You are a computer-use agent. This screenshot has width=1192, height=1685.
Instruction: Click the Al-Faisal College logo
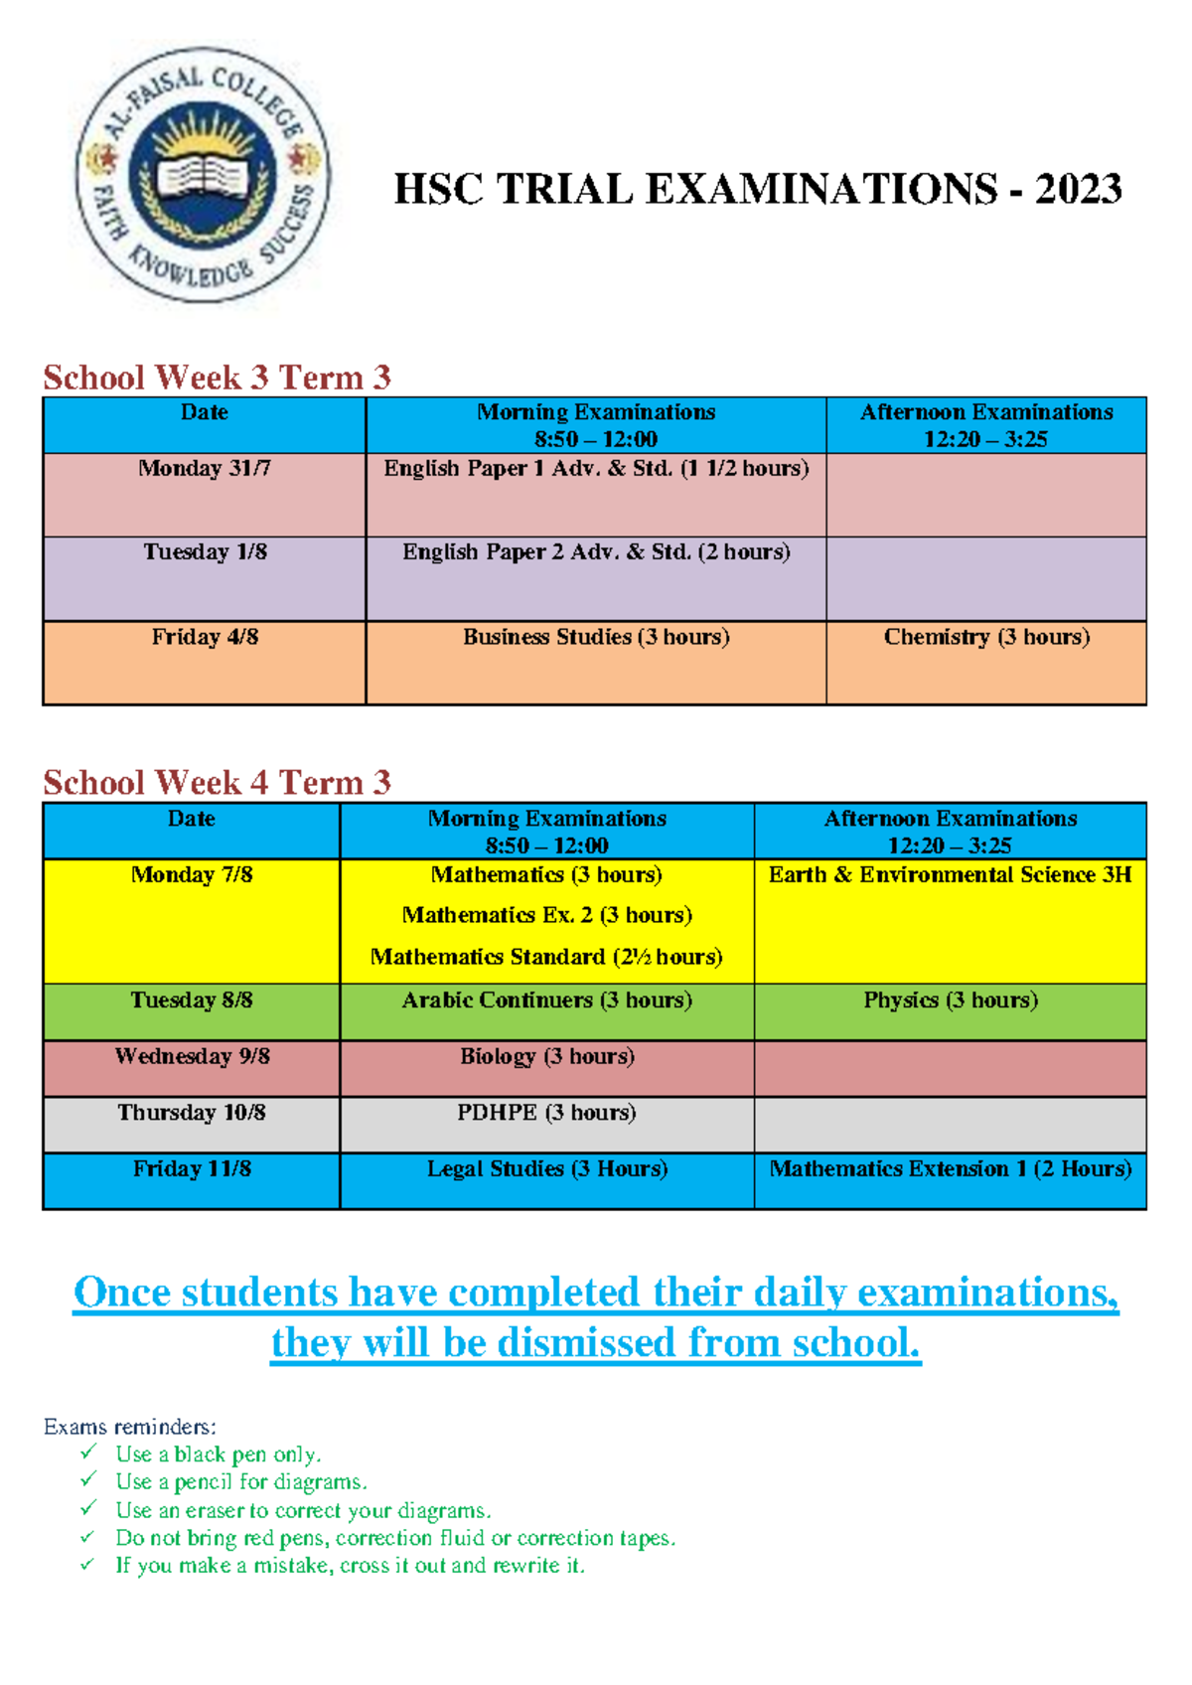(204, 175)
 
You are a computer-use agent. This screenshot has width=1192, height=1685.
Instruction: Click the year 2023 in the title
(1078, 190)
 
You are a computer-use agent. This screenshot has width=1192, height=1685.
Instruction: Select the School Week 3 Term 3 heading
(217, 378)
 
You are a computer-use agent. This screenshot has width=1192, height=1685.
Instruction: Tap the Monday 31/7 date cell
(205, 469)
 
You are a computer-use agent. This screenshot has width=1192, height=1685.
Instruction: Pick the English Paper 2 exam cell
(596, 552)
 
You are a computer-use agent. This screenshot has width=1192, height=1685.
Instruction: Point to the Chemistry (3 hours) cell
(986, 638)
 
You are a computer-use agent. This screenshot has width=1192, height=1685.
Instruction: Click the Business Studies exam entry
(596, 638)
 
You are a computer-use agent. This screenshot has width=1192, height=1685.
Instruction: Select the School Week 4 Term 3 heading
(217, 783)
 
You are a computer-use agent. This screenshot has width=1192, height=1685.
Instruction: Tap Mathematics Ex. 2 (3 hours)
(546, 915)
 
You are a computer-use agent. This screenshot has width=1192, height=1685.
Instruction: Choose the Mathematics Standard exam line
(546, 957)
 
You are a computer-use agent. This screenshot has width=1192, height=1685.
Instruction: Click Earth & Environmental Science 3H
(950, 875)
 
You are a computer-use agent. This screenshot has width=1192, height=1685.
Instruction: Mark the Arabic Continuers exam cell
(546, 1000)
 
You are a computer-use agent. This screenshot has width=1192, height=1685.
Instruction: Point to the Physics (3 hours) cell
(950, 1000)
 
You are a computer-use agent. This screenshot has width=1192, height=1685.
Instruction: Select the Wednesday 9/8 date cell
(192, 1056)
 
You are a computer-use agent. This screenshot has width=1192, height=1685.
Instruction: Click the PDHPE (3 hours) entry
(546, 1113)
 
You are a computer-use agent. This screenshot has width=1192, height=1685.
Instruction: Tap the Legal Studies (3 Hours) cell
(546, 1169)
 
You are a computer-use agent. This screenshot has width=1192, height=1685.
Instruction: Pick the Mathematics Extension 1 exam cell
(950, 1169)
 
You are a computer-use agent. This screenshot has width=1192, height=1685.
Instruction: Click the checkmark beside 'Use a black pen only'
(88, 1454)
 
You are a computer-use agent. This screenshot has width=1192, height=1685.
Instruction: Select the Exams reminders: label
(129, 1427)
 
